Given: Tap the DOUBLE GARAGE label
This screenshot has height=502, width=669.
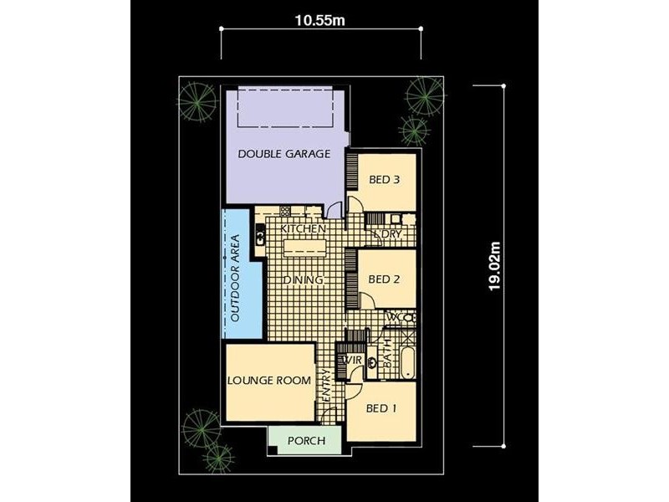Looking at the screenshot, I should pyautogui.click(x=284, y=154).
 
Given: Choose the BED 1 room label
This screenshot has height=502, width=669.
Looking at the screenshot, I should pyautogui.click(x=382, y=408).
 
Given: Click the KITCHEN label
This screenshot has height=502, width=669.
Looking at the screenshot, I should pyautogui.click(x=302, y=228).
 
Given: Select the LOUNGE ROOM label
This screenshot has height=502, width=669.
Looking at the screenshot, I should pyautogui.click(x=269, y=380).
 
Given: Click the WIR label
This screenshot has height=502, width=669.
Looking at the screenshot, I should pyautogui.click(x=353, y=361).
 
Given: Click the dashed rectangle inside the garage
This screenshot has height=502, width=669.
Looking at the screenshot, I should pyautogui.click(x=287, y=108).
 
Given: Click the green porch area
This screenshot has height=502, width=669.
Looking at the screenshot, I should pyautogui.click(x=304, y=440).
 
